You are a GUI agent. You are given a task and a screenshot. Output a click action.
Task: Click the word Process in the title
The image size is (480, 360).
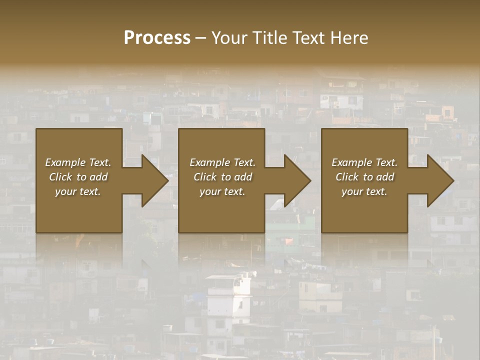(157, 38)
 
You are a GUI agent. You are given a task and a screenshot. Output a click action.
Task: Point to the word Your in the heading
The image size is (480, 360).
(228, 38)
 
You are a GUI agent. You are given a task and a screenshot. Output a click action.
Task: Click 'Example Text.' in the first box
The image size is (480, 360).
(78, 162)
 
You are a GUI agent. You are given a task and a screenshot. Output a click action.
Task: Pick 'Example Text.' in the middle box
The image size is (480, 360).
(222, 162)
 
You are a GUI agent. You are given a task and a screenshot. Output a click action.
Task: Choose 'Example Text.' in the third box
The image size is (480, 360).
(364, 162)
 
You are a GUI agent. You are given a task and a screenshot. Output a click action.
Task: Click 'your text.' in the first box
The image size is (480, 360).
(78, 191)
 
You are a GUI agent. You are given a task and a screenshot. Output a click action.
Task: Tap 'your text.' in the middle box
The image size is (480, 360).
(222, 191)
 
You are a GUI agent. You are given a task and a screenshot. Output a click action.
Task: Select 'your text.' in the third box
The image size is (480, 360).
(364, 191)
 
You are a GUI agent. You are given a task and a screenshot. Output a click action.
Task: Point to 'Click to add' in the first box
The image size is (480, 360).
(78, 177)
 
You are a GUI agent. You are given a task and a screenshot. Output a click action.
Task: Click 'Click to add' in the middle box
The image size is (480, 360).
(222, 177)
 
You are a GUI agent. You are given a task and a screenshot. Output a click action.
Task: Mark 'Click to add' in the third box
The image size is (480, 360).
(364, 177)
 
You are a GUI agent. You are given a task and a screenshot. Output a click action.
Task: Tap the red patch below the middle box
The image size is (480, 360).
(289, 241)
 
